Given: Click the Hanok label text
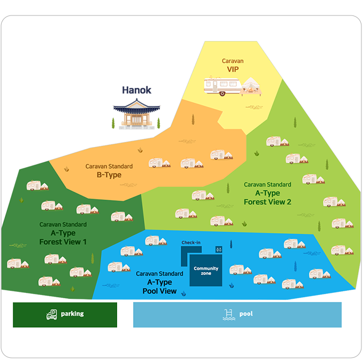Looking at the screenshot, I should click(137, 90).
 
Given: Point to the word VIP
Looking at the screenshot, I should click(233, 69).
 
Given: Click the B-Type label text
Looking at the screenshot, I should click(109, 175).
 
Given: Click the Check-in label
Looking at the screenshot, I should click(191, 243).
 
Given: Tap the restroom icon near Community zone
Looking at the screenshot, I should click(218, 249).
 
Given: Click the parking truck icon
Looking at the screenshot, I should click(52, 315).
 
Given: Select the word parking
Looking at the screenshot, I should click(72, 314).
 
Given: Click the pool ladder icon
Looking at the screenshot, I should click(228, 315).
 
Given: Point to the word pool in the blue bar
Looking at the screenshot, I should click(245, 314).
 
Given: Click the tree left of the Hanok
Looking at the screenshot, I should click(113, 124).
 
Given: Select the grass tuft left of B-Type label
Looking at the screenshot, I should click(67, 169).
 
